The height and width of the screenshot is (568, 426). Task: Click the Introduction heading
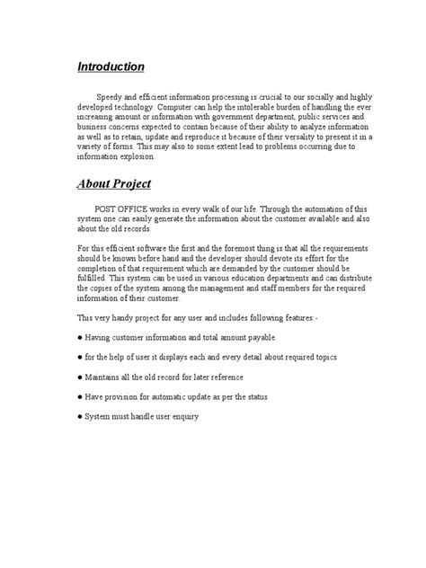click(110, 67)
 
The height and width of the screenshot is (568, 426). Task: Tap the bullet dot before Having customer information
click(79, 337)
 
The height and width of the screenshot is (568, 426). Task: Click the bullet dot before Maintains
click(79, 377)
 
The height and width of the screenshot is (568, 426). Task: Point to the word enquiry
click(181, 417)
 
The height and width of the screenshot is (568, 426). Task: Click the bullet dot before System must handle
click(79, 417)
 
